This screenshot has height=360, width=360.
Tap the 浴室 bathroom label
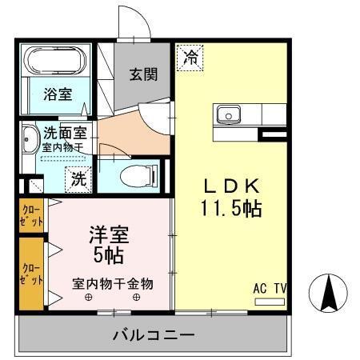tap(58, 94)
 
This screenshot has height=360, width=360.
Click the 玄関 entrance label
tap(144, 74)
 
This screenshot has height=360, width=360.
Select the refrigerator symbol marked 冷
tap(190, 57)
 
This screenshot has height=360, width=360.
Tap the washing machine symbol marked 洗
tap(78, 178)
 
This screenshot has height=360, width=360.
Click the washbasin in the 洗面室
tap(30, 141)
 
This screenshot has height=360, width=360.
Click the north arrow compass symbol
tap(328, 294)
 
